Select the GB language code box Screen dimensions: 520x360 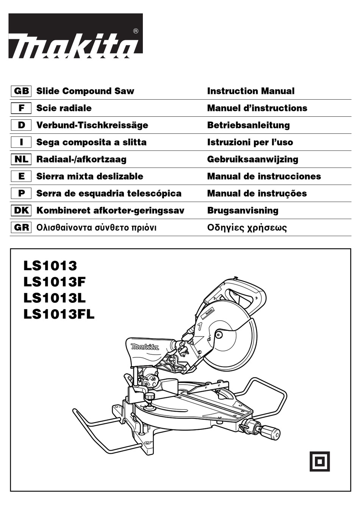click(x=21, y=91)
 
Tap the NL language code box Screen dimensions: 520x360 click(x=21, y=159)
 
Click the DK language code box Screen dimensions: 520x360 click(x=21, y=210)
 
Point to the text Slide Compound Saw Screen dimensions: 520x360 click(x=85, y=91)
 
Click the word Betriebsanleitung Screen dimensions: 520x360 click(x=248, y=125)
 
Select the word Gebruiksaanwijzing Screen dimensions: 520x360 click(x=252, y=159)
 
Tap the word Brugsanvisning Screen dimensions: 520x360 click(x=243, y=210)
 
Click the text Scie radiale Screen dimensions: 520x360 click(x=64, y=108)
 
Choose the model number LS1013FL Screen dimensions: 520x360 click(x=59, y=314)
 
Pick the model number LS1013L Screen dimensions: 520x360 click(x=54, y=298)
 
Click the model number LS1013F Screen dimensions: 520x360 click(x=54, y=282)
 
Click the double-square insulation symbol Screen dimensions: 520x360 click(x=319, y=461)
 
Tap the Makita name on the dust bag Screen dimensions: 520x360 click(x=145, y=346)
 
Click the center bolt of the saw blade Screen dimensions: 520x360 click(x=219, y=334)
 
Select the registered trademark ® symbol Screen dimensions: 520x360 click(x=136, y=31)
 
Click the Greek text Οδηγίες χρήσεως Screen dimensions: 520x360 click(x=247, y=227)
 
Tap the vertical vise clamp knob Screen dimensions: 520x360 click(x=149, y=397)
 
